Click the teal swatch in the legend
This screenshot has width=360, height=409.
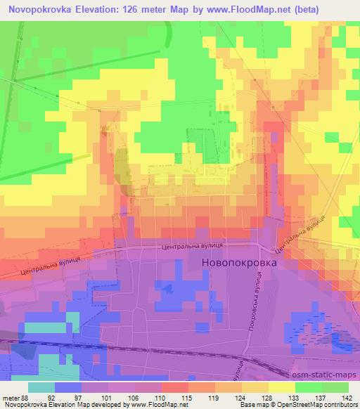[x=41, y=387]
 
